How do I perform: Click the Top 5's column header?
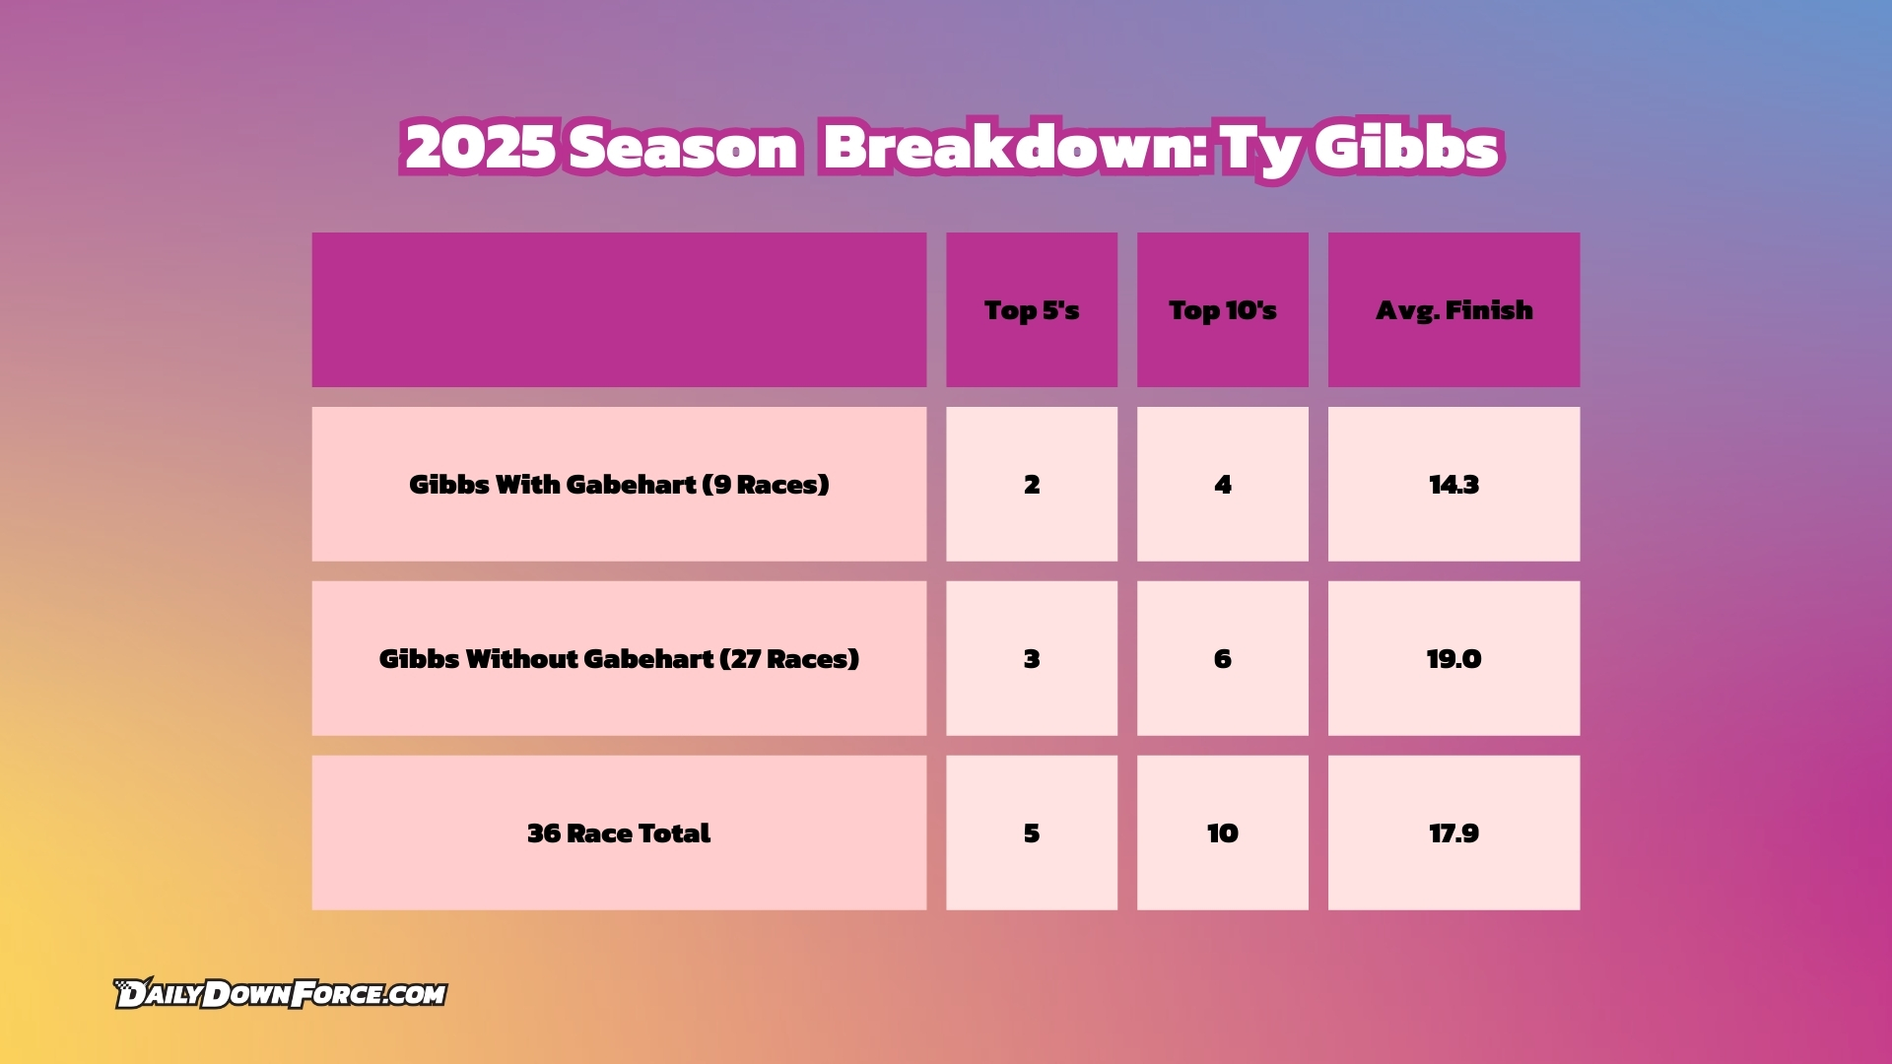[1032, 310]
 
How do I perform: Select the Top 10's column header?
[1223, 310]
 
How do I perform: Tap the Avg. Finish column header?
[1454, 310]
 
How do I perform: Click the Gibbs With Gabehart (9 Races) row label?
[619, 485]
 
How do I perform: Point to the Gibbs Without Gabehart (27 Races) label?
[619, 659]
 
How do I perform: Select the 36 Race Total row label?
[619, 833]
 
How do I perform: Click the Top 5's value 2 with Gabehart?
[1032, 485]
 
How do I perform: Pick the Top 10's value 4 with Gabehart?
[1223, 485]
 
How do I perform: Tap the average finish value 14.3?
[1454, 485]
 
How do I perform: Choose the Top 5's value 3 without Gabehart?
[1032, 659]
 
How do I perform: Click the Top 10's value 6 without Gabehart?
[1223, 659]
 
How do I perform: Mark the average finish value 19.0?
[1454, 659]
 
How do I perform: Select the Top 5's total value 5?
[1032, 833]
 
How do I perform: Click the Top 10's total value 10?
[1223, 833]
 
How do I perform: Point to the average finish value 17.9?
[1454, 833]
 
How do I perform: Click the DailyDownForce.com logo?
[280, 993]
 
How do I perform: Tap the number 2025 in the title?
[480, 148]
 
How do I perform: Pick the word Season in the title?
[684, 148]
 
